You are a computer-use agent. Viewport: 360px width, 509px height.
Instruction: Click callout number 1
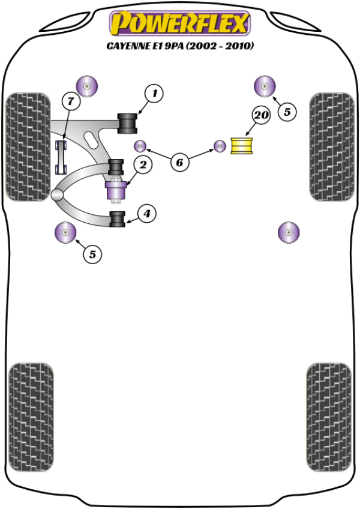pos(154,93)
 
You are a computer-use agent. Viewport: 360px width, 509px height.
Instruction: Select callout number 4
pos(147,212)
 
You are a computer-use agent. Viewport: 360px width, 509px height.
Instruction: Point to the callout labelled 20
pos(260,115)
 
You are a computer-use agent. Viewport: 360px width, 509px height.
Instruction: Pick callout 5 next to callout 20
pos(286,112)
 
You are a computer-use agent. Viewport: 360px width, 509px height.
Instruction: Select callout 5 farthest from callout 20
pos(92,254)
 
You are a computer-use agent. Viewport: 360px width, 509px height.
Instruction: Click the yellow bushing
pos(243,146)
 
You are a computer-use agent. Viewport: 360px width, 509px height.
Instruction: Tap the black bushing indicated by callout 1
pos(128,122)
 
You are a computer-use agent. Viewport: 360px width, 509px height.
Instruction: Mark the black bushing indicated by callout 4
pos(117,219)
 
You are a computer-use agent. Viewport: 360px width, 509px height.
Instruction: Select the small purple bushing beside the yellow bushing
pos(220,146)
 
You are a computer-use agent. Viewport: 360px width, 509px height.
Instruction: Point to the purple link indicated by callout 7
pos(61,157)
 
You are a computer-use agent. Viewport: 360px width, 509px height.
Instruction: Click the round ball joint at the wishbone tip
pos(57,195)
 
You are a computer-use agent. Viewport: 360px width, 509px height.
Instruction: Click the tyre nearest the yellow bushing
pos(330,146)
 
